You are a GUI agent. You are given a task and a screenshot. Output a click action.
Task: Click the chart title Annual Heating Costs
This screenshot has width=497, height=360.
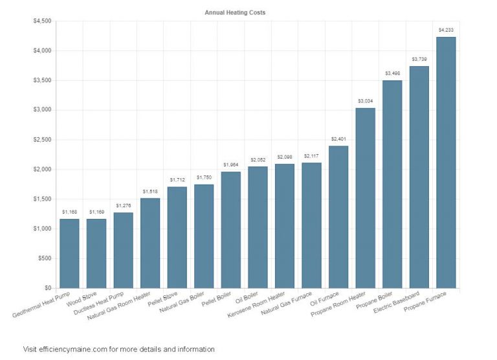tap(235, 12)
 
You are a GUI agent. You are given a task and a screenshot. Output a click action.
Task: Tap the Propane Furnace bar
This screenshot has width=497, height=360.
tap(446, 162)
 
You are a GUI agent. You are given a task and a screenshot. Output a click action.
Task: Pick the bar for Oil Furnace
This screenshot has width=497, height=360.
tap(338, 217)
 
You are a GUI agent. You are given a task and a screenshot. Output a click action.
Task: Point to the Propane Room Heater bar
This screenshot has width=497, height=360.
tap(366, 197)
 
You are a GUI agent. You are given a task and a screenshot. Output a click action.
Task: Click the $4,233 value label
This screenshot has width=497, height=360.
tap(446, 30)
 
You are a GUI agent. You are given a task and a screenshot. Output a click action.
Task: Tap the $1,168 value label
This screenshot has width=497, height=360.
tap(69, 212)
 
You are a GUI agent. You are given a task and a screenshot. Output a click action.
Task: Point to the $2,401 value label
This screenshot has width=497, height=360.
tap(338, 139)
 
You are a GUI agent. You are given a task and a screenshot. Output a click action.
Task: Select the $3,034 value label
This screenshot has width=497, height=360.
tap(366, 101)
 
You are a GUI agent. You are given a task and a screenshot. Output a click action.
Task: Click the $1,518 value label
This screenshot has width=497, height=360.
tap(150, 191)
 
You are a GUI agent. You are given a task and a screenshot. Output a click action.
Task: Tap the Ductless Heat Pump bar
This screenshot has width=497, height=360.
tap(123, 250)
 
